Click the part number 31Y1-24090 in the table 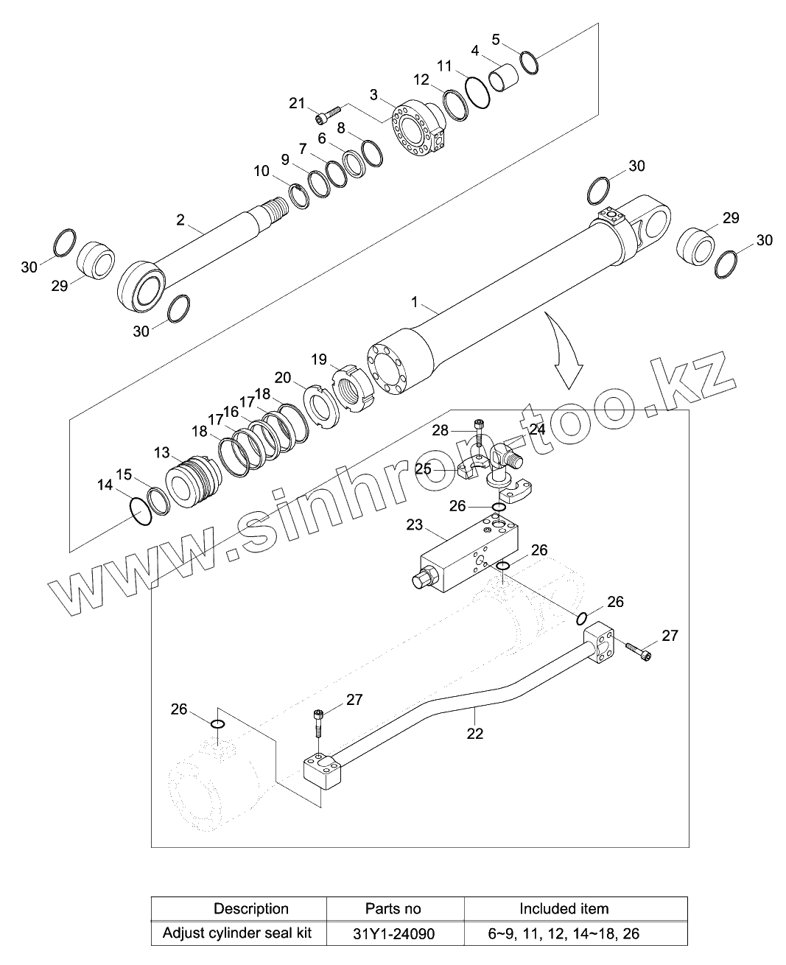click(395, 933)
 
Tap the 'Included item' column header click(564, 908)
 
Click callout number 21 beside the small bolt click(297, 103)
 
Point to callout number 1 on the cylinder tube click(415, 302)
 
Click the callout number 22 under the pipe click(475, 733)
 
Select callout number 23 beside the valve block click(415, 524)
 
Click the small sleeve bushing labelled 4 click(505, 77)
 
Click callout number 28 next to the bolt click(441, 430)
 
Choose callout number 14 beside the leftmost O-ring click(105, 485)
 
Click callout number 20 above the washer click(283, 377)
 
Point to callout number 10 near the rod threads click(262, 171)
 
